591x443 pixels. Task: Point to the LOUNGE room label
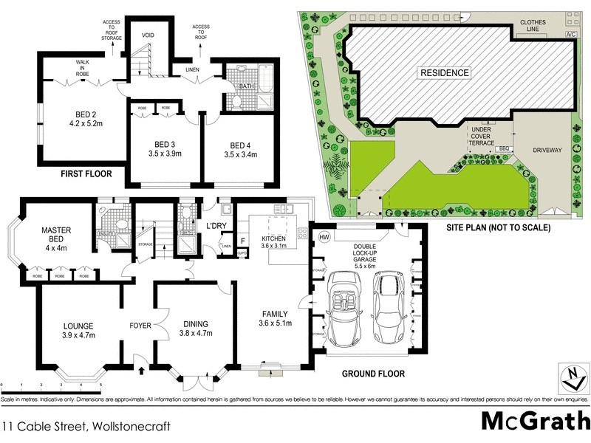(79, 324)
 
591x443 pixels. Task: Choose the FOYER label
(140, 324)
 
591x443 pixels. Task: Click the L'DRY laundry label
(216, 225)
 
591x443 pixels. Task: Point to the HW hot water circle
(324, 236)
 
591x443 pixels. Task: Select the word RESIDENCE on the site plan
(444, 72)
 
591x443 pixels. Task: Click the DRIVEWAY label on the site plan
(547, 150)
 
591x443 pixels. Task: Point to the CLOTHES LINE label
(532, 26)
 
